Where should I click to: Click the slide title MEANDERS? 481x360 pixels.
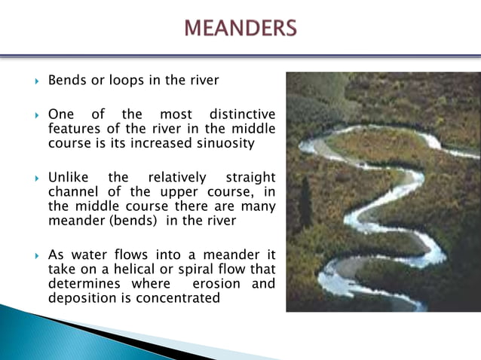pyautogui.click(x=240, y=29)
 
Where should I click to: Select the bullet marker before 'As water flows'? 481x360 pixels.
pyautogui.click(x=36, y=255)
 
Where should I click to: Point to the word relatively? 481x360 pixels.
pyautogui.click(x=176, y=178)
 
